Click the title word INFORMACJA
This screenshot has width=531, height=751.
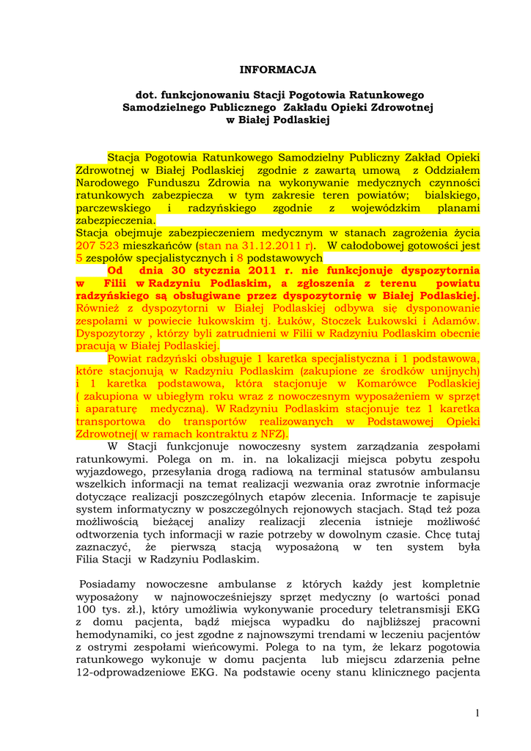[278, 70]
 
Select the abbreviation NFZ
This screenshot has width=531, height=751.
[273, 433]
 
